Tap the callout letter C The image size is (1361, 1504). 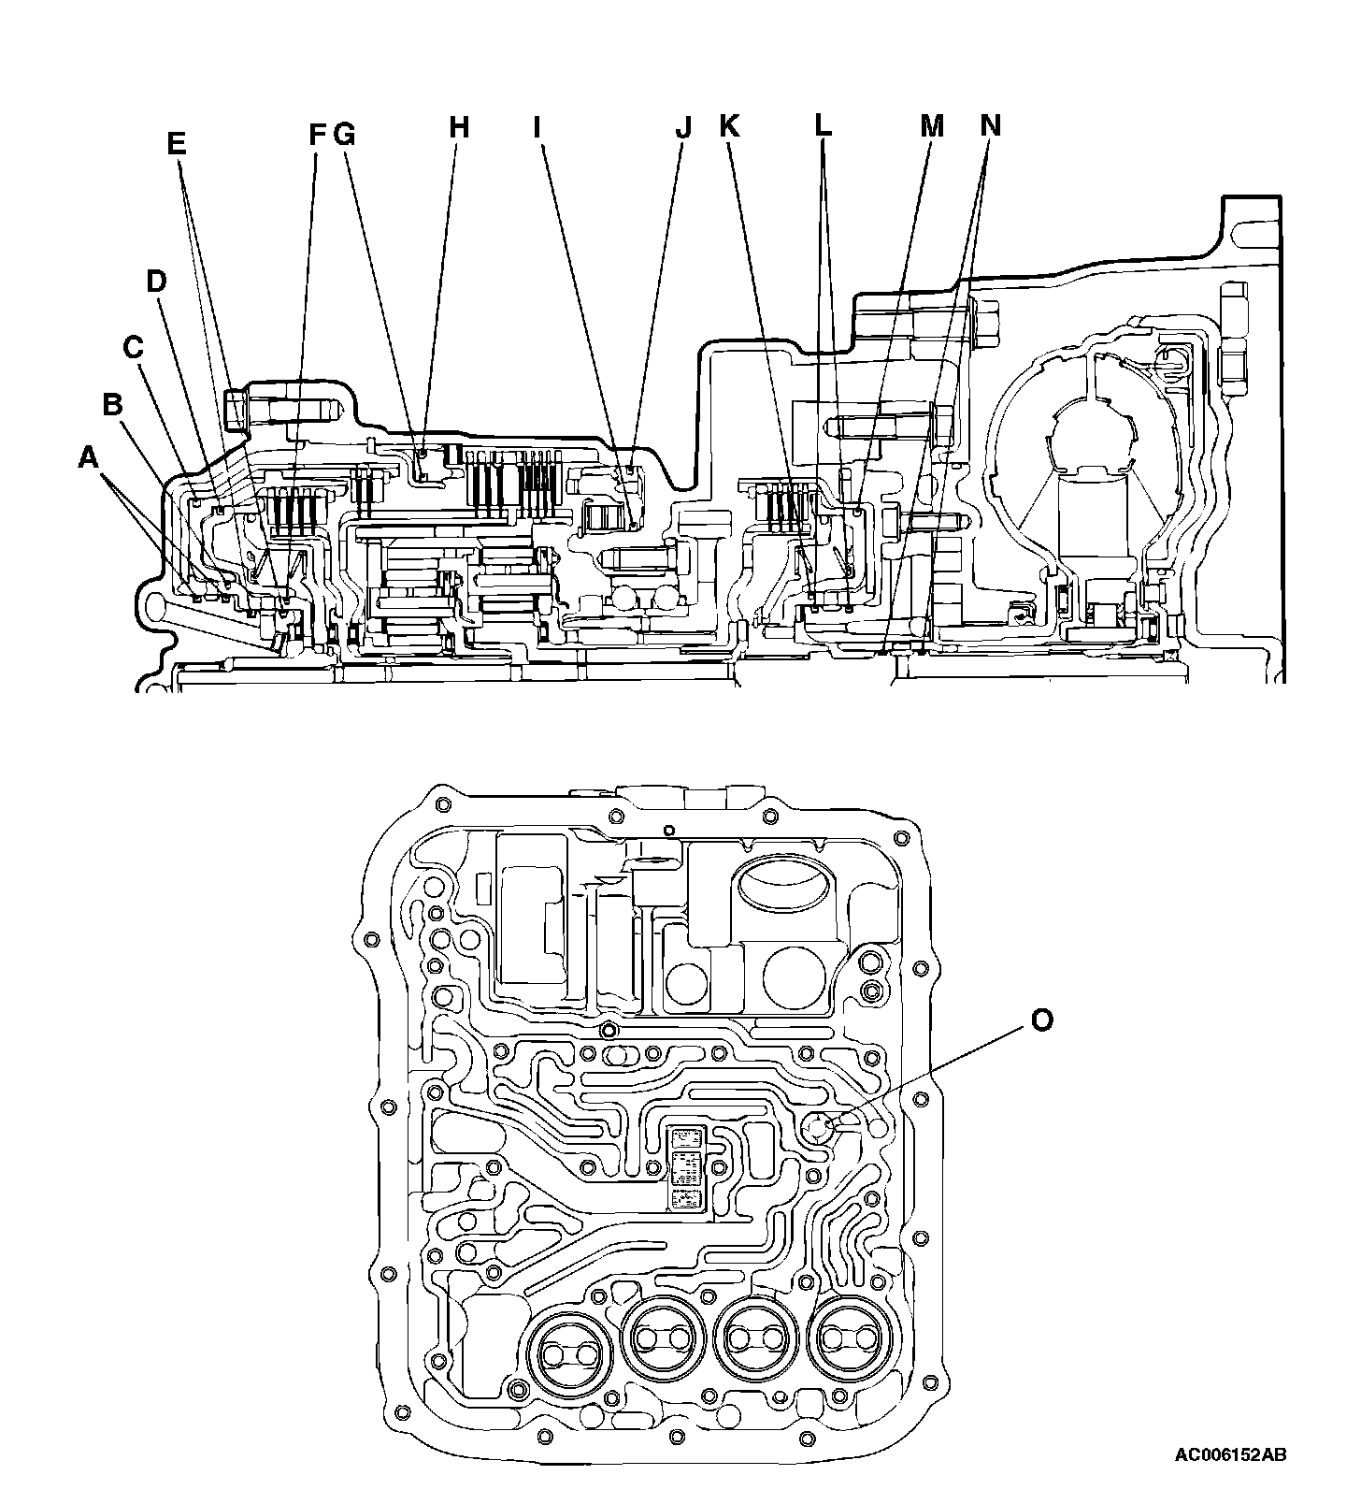tap(134, 348)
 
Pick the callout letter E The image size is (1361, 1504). tap(176, 144)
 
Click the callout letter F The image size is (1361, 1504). tap(318, 136)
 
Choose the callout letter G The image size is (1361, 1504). tap(345, 136)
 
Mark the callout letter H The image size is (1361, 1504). tap(457, 126)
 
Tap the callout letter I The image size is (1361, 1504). tap(537, 126)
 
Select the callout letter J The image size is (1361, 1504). tap(683, 126)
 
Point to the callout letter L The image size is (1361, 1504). tap(822, 124)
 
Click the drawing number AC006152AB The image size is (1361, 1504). tap(1230, 1481)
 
